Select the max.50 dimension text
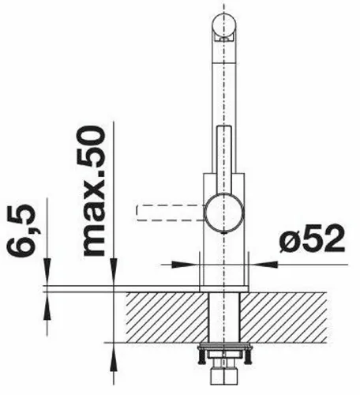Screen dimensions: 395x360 (x=96, y=190)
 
